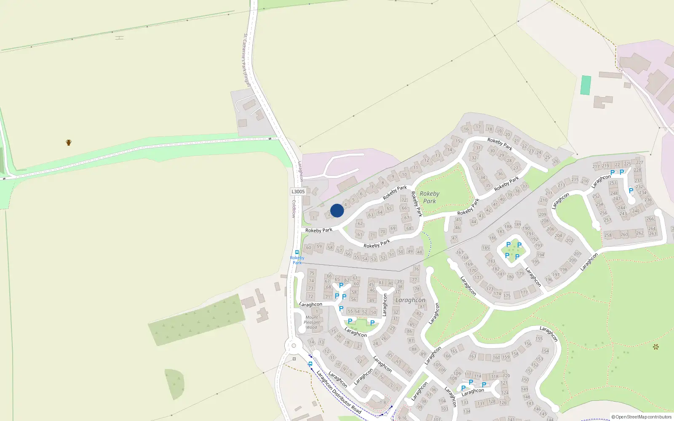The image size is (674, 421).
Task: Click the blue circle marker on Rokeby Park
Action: (x=337, y=210)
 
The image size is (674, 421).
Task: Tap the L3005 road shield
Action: (x=298, y=192)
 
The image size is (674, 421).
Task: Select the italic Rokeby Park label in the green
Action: (x=429, y=197)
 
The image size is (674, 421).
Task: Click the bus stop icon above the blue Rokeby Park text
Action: (x=297, y=252)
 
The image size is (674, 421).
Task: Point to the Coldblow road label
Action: (x=294, y=209)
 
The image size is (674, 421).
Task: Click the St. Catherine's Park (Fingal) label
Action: (x=247, y=60)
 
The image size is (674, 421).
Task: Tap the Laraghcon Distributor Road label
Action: (x=338, y=392)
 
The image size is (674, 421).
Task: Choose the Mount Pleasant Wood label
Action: (x=312, y=322)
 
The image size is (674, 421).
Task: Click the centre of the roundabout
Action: (x=294, y=346)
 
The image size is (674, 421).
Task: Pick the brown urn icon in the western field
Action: (x=69, y=142)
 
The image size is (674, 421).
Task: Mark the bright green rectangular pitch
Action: (x=586, y=85)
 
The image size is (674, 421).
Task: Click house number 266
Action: (x=650, y=219)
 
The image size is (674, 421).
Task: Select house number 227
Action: (x=639, y=163)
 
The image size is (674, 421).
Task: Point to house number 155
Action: (x=539, y=338)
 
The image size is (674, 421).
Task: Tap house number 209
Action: (x=542, y=214)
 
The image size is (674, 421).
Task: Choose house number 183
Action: (x=492, y=261)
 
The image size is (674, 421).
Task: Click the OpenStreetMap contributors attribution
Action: (x=642, y=417)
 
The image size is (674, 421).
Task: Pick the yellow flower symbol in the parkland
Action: (x=655, y=347)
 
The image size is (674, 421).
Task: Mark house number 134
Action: (x=466, y=411)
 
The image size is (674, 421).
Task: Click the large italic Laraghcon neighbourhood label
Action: (x=410, y=300)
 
